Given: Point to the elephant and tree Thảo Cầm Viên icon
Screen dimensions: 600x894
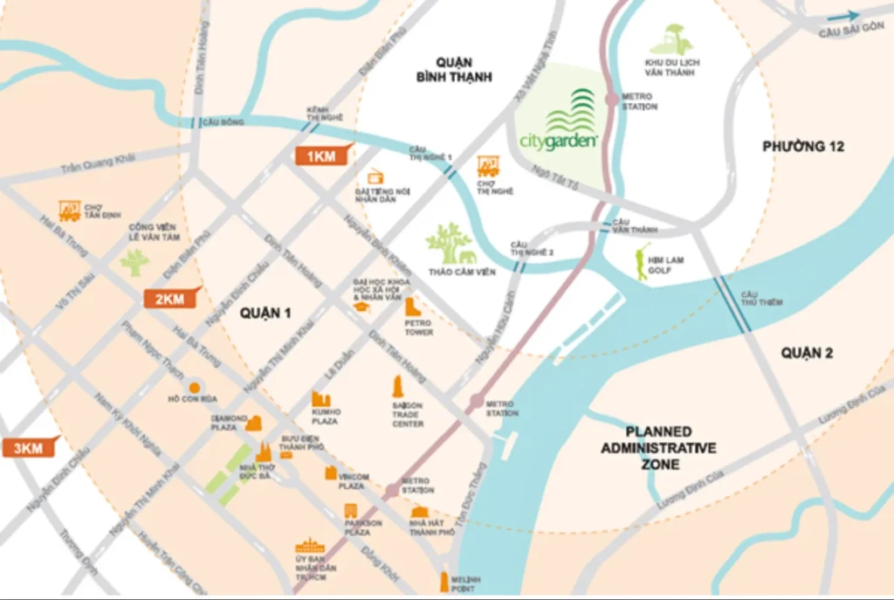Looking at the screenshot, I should click(451, 245).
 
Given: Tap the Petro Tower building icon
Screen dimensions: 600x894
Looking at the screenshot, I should click(413, 307).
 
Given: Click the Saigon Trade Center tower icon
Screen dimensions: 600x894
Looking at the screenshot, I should click(398, 387).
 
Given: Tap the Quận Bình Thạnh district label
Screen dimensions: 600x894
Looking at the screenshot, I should click(454, 70).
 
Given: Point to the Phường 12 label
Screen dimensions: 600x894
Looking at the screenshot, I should click(802, 146).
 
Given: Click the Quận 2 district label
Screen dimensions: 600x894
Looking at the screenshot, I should click(807, 353).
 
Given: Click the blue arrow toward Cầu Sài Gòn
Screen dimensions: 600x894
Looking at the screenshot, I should click(842, 15).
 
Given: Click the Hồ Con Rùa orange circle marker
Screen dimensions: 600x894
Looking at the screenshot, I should click(195, 387).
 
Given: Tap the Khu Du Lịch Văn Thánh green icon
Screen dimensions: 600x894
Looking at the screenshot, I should click(671, 40).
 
